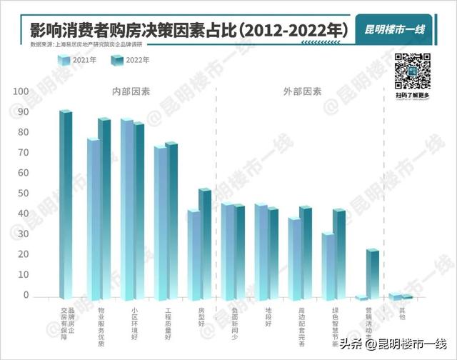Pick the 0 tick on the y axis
point(26,295)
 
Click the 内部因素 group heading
point(131,92)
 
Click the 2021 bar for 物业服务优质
point(93,219)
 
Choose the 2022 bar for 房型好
point(204,244)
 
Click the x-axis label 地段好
point(268,316)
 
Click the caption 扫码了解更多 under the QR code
point(413,95)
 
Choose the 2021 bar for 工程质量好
point(160,222)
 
